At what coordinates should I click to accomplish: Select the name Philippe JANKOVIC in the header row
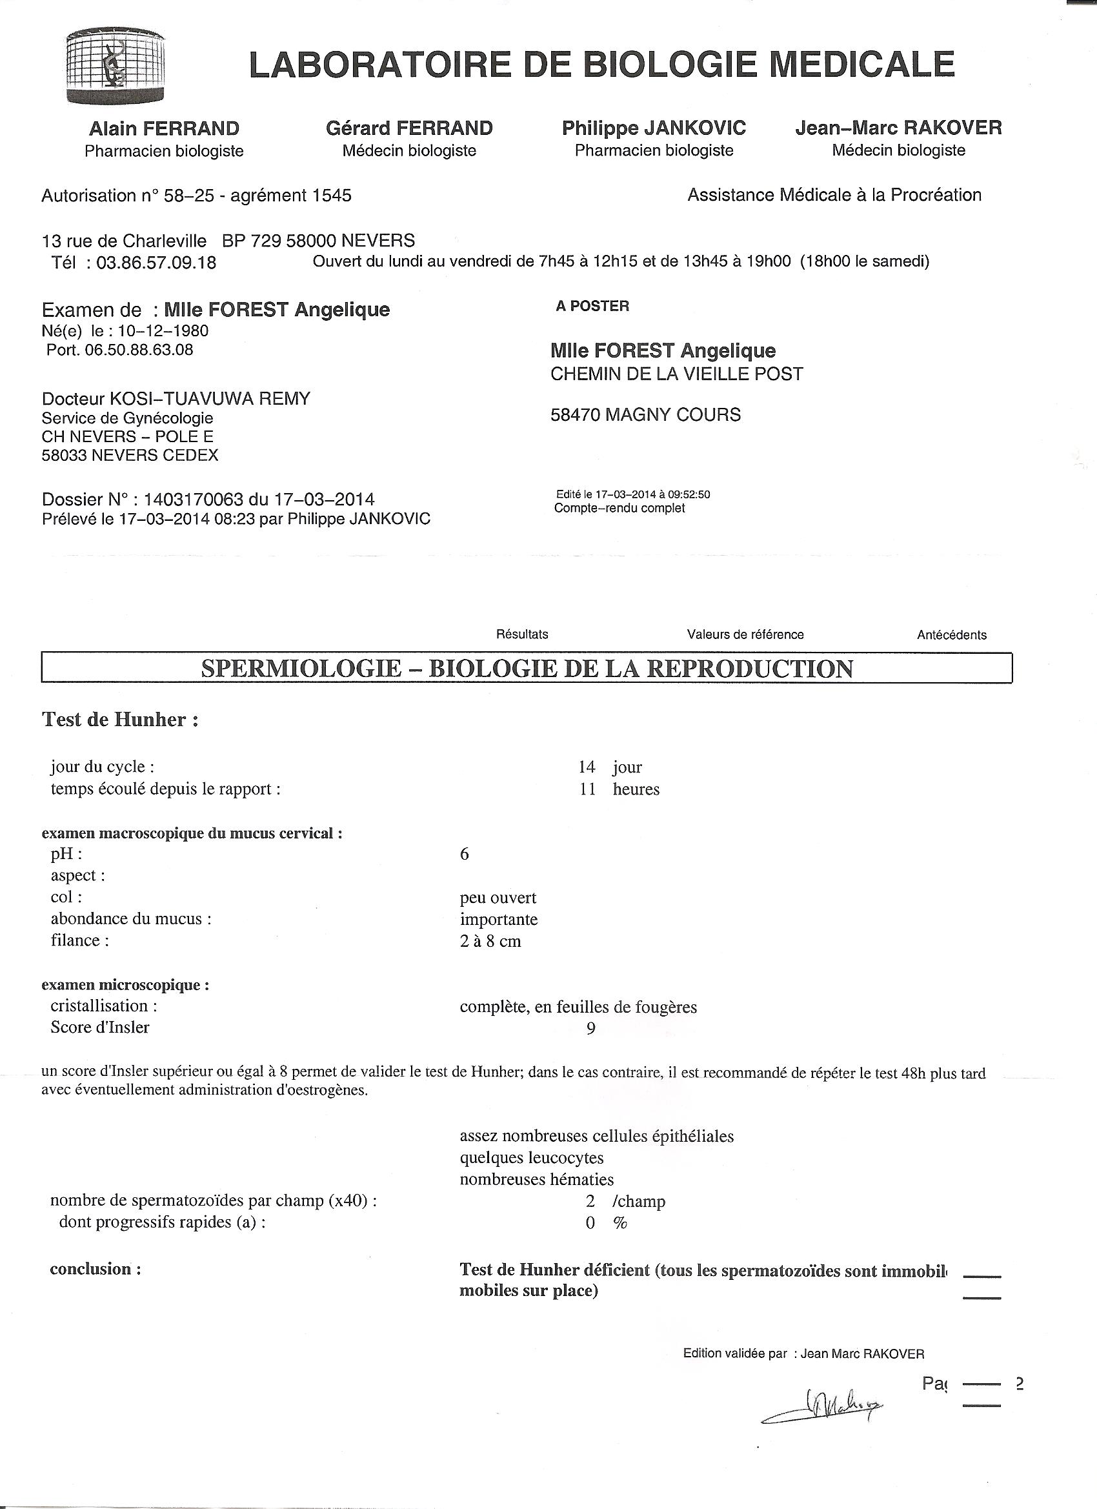pos(653,128)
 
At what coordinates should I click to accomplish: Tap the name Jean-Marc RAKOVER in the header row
pos(898,128)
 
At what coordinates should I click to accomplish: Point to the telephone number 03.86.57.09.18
pos(156,263)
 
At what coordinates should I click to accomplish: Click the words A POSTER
pos(592,306)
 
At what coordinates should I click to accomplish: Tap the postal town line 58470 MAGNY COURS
pos(645,414)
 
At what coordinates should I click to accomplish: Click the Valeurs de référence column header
pos(745,634)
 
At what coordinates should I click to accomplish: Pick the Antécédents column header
pos(951,634)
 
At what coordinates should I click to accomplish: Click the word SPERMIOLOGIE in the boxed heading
pos(301,669)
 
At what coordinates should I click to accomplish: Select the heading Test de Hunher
pos(120,719)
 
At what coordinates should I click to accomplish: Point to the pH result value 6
pos(465,854)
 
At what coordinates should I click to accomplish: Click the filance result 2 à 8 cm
pos(490,941)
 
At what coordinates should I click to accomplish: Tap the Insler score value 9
pos(590,1029)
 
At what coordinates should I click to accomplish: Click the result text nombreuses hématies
pos(536,1179)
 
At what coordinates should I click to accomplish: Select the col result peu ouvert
pos(498,898)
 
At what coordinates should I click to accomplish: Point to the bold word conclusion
pos(95,1269)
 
